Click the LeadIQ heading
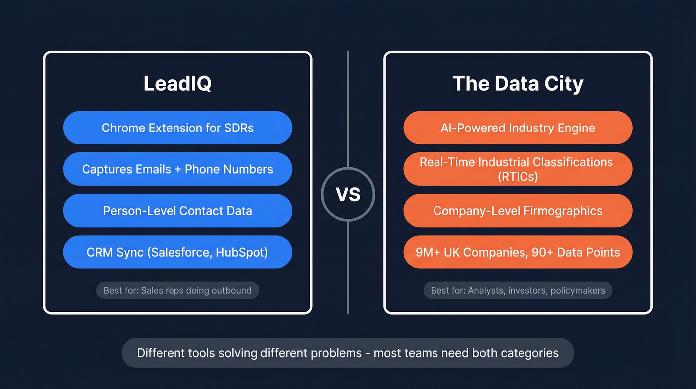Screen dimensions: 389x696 tap(177, 83)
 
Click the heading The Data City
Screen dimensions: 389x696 tap(518, 83)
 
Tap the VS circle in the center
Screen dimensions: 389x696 tap(348, 194)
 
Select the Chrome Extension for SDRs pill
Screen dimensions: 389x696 tap(177, 128)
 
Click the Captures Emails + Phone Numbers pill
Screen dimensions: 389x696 tap(177, 169)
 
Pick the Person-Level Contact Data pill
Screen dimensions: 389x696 tap(177, 211)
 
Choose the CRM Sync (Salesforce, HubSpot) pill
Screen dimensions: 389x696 tap(177, 252)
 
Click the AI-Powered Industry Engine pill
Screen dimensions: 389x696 tap(518, 128)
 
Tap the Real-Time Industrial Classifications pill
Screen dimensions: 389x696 tap(518, 169)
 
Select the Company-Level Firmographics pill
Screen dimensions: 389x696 tap(518, 211)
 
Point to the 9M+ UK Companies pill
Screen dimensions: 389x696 tap(518, 252)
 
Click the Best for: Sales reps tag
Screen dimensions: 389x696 tap(177, 290)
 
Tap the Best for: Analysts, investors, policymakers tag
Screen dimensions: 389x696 tap(518, 290)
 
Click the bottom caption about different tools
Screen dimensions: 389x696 tap(348, 353)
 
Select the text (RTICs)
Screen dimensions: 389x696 tap(518, 176)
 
